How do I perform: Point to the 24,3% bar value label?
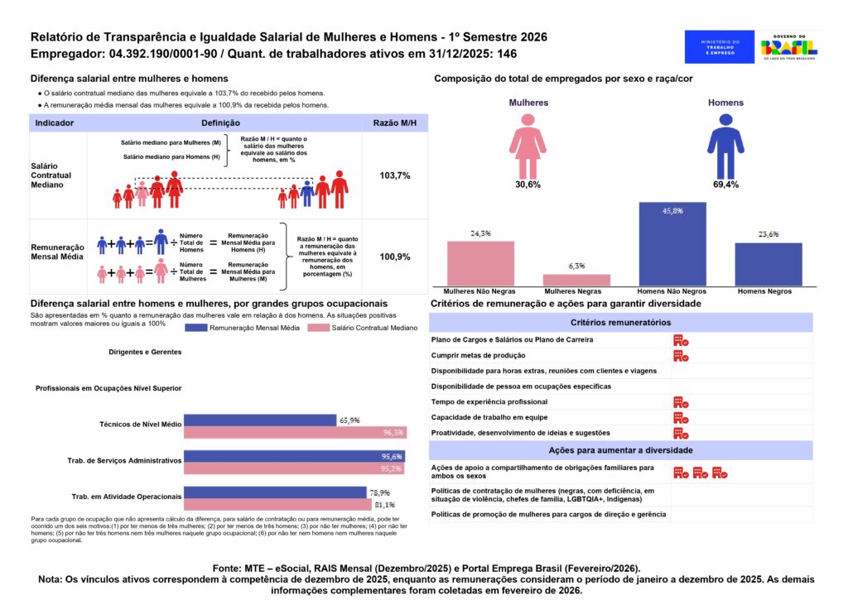point(480,233)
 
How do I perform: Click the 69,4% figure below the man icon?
point(725,185)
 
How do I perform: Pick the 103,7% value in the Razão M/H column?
point(395,176)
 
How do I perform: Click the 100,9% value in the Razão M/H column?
point(395,257)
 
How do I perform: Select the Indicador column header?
point(55,122)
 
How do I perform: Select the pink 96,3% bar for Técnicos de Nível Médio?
point(295,432)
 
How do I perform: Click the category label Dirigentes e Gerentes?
point(144,352)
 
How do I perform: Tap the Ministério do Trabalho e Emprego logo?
point(720,46)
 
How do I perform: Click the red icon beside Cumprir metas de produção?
point(681,355)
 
